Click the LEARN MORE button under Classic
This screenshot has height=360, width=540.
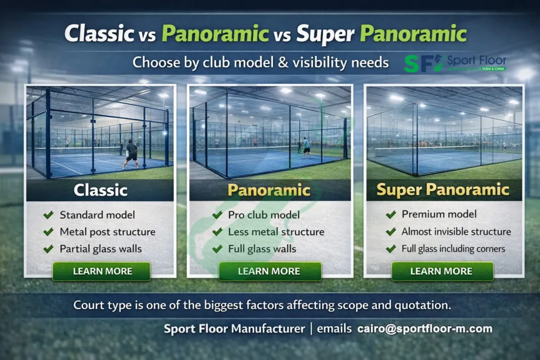point(102,271)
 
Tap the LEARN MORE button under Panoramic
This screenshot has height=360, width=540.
point(269,271)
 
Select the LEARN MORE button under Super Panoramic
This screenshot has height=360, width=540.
point(442,271)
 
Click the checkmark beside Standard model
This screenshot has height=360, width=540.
point(49,215)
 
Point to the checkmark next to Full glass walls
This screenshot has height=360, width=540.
point(217,249)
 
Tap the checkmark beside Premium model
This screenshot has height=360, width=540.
point(391,215)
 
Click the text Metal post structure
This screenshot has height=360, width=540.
point(108,232)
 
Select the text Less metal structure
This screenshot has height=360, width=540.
point(276,232)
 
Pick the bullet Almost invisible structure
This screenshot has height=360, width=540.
point(456,231)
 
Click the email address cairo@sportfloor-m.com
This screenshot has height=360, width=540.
point(425,329)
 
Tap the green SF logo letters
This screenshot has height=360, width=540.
point(419,64)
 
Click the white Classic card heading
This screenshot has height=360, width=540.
point(101,190)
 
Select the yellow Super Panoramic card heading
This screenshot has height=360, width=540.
point(443,189)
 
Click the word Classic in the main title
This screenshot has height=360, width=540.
point(99,33)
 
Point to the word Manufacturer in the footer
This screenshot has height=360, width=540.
point(268,329)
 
